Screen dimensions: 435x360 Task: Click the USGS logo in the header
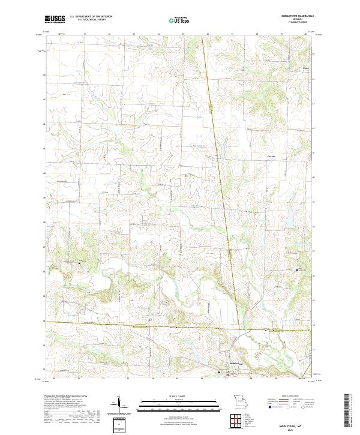[55, 19]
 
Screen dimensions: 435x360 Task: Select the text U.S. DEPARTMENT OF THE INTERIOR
[91, 17]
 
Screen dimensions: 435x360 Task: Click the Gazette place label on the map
[272, 157]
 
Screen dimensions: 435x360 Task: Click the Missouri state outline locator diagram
[239, 401]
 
